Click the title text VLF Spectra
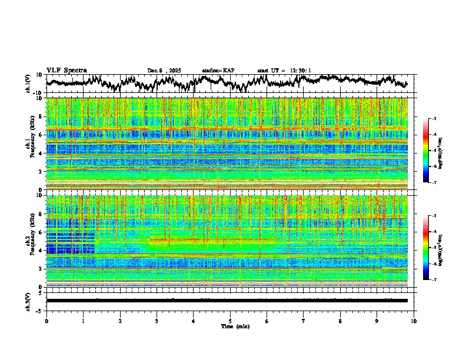[x=66, y=70]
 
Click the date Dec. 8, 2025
[x=164, y=71]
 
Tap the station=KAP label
[x=218, y=71]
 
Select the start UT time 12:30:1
[x=284, y=71]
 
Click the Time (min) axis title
[x=235, y=326]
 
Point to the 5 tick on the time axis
[x=230, y=321]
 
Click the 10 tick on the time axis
[x=414, y=321]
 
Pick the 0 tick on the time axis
[x=46, y=321]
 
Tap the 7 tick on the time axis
[x=304, y=321]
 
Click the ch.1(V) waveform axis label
[x=28, y=84]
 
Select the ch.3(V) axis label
[x=28, y=300]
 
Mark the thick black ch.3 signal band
[x=227, y=301]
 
